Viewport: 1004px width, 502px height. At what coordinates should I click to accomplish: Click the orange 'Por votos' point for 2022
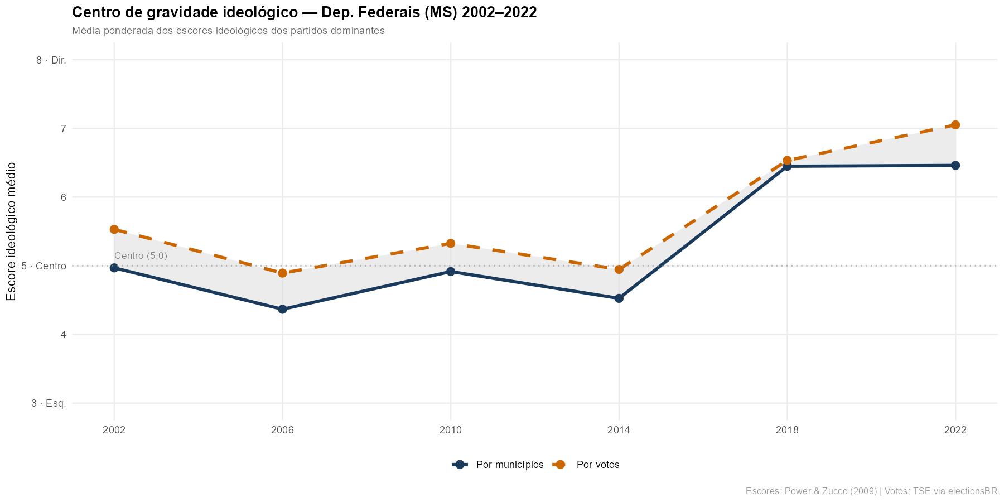955,125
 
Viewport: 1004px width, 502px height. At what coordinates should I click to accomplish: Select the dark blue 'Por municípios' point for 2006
283,309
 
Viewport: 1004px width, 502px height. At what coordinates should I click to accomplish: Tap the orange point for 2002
114,229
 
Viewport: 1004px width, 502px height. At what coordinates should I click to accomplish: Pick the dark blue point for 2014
619,298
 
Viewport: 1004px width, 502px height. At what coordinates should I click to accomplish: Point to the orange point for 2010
451,243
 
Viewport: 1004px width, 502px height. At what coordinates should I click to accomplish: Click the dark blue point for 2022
955,165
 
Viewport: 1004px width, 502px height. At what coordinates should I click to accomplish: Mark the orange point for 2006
283,273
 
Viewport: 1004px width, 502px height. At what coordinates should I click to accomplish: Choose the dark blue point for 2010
451,272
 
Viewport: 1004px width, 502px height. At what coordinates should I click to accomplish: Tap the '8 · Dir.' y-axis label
51,60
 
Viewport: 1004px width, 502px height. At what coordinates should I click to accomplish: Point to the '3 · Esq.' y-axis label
49,403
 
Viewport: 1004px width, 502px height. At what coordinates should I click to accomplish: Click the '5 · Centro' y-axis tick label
44,266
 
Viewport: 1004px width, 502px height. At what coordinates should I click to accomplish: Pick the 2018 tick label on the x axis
787,430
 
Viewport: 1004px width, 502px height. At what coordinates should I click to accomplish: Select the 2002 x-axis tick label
114,430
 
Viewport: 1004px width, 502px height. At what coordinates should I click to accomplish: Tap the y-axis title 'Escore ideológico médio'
12,231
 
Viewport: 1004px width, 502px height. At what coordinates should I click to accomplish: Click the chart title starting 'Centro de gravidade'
305,13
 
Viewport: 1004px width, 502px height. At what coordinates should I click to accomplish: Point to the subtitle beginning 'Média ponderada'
228,31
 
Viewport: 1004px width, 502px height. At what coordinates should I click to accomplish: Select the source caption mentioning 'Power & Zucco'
871,491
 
